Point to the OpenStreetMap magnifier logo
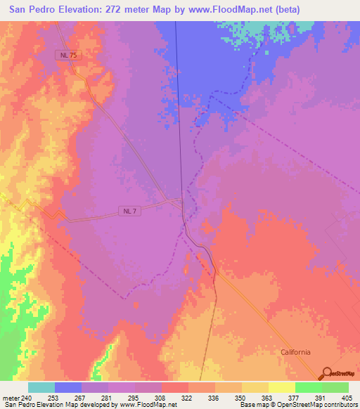tap(326, 373)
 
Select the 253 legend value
tap(54, 398)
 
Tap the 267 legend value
tap(82, 398)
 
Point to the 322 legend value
tap(188, 398)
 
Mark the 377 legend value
tap(295, 398)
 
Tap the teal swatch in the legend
tap(41, 387)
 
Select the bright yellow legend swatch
tap(282, 387)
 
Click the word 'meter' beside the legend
tap(11, 398)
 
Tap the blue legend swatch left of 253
tap(68, 387)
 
